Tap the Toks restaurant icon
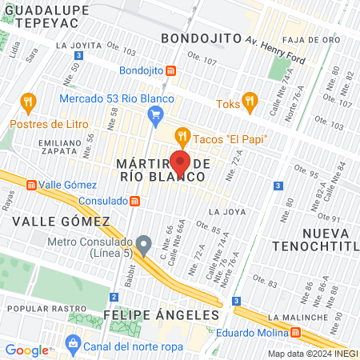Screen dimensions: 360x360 click(x=250, y=101)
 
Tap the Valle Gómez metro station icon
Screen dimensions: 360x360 click(x=31, y=185)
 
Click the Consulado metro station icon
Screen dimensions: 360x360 click(x=136, y=201)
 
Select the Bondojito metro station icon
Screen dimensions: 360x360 click(x=170, y=70)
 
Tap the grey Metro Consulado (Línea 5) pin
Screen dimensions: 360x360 click(x=144, y=243)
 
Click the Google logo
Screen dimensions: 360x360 click(x=26, y=350)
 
